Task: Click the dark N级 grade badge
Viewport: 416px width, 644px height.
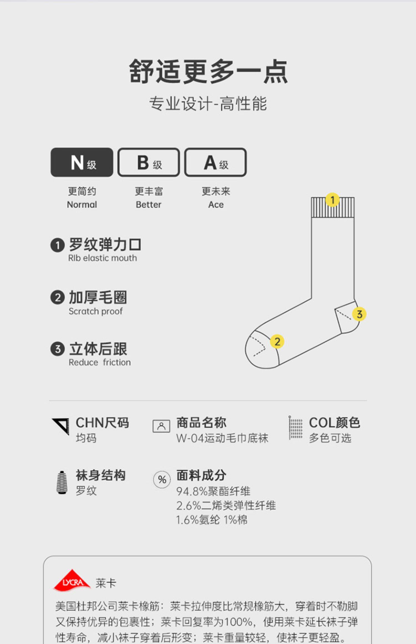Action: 82,162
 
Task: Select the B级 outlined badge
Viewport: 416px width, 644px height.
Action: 149,162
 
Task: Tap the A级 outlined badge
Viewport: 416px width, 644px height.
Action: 215,162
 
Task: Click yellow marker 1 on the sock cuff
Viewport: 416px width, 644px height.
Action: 333,200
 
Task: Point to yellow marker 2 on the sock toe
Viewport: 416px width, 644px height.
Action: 277,341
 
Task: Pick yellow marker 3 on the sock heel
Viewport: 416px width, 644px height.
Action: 359,314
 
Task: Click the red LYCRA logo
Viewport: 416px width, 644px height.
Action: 72,580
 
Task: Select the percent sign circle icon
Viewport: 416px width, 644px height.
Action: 162,480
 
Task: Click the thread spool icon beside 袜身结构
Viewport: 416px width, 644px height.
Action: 62,483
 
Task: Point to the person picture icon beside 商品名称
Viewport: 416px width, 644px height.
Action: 161,426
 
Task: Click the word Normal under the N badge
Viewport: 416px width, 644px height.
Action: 82,205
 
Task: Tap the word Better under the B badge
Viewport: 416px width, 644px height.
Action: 149,205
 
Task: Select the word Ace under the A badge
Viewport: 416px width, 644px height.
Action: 216,205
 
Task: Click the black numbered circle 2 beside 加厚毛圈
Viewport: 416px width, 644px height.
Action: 57,298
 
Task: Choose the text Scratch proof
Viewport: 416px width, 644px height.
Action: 96,311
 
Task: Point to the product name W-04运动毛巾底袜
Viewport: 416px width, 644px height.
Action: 222,438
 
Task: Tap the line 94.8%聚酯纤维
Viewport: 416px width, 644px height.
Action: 213,491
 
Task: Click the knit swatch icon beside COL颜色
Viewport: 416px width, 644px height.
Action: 295,428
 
